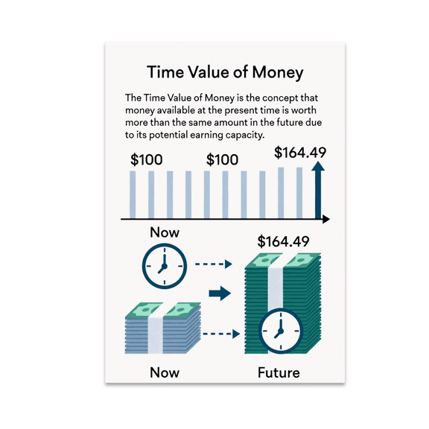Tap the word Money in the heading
coord(271,72)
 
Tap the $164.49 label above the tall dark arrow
coord(300,153)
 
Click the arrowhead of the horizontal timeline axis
coord(325,220)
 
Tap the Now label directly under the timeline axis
coord(165,232)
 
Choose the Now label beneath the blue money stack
coord(165,372)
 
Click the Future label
coord(278,372)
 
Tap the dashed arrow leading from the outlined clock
coord(214,264)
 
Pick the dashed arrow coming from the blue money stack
coord(220,333)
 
